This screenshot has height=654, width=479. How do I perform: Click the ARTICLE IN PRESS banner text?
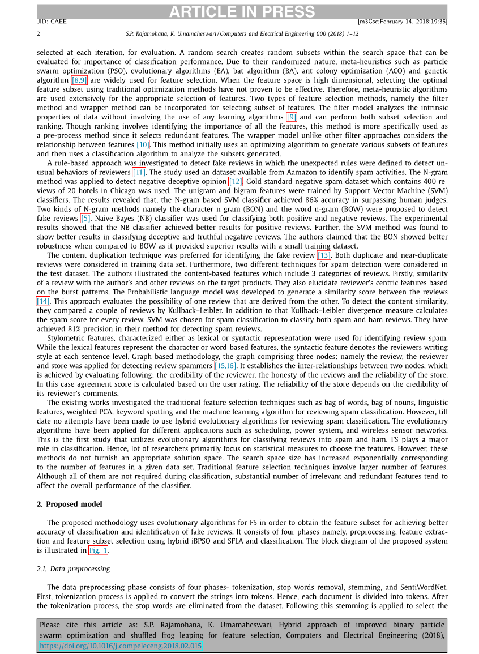coord(241,11)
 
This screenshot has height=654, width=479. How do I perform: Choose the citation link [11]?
coord(139,172)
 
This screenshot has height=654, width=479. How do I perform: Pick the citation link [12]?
coord(236,181)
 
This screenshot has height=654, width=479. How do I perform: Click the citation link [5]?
coord(86,218)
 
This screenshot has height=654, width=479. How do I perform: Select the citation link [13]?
coord(324,255)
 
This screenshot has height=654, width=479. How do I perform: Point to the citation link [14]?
coord(43,301)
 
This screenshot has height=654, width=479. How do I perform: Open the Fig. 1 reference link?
coord(99,550)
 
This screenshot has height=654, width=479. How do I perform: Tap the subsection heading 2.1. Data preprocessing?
coord(73,568)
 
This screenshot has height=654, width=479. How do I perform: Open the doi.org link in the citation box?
coord(121,645)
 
